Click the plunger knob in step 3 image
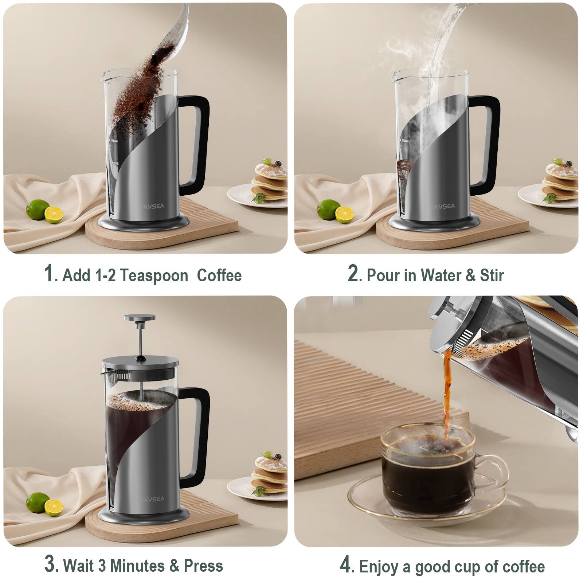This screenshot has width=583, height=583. [139, 318]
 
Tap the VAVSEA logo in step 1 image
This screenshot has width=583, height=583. [153, 206]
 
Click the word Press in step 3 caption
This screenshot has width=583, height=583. [203, 566]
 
